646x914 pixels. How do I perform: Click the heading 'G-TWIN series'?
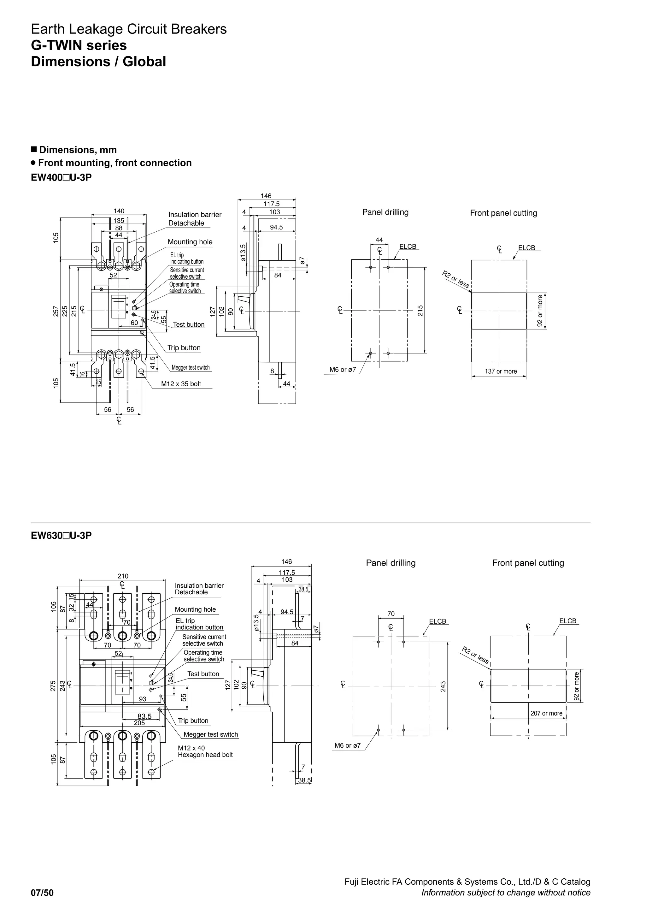[79, 45]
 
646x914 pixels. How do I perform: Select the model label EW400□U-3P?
[61, 178]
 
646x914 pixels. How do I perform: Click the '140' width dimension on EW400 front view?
[119, 211]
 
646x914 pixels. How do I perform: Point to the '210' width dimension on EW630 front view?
[123, 576]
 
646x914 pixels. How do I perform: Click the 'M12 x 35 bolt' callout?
[181, 384]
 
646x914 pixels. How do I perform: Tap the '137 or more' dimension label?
[501, 371]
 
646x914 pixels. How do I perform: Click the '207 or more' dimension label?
[546, 713]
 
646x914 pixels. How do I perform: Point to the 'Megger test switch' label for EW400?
[191, 367]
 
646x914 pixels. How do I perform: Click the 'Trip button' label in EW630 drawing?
[193, 721]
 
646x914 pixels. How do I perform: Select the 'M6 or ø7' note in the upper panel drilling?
[343, 370]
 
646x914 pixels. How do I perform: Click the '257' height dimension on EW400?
[56, 311]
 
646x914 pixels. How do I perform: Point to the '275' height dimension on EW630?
[53, 686]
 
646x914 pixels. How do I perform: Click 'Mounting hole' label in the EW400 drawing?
[190, 242]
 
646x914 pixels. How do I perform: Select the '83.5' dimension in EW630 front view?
[144, 716]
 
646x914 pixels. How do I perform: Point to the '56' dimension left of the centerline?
[107, 410]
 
